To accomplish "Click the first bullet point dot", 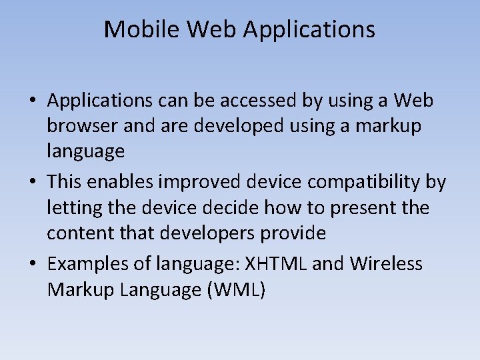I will click(32, 101).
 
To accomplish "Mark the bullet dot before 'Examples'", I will click(32, 265).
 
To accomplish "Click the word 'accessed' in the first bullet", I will click(253, 101).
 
